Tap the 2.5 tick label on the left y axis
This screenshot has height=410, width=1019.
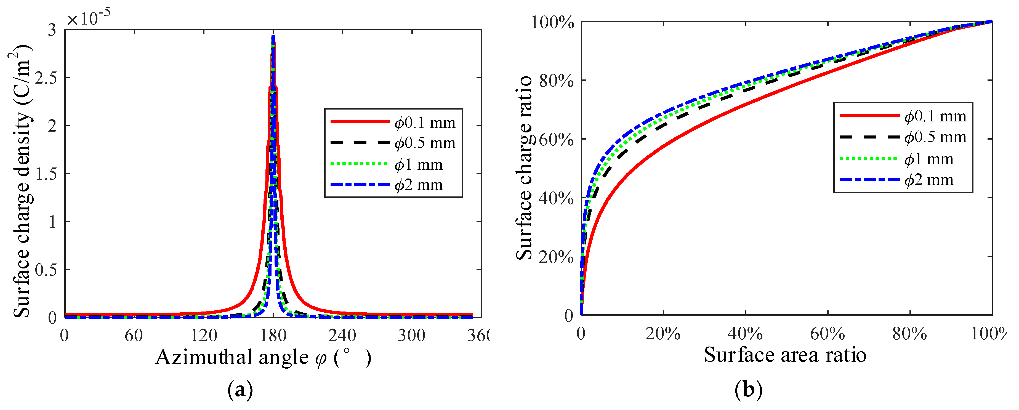tap(46, 78)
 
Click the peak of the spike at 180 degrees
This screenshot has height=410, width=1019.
tap(273, 37)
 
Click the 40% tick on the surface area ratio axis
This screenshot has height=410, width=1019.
tap(745, 334)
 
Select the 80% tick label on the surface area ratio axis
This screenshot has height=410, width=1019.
tap(909, 334)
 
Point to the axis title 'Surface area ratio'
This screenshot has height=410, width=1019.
tap(785, 355)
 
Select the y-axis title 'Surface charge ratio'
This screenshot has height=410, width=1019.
tap(525, 168)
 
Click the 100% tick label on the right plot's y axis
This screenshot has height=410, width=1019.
tap(552, 23)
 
